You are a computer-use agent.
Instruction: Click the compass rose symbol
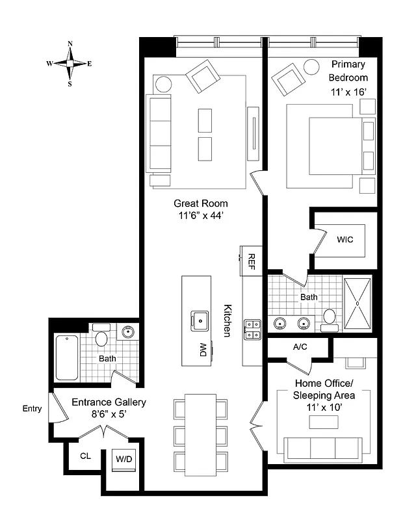tap(70, 64)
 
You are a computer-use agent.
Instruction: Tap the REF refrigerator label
tap(252, 261)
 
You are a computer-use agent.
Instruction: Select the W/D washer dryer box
tap(124, 460)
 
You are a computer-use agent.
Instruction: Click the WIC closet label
tap(344, 239)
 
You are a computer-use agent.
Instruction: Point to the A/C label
tap(300, 347)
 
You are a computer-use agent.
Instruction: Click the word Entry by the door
tap(32, 408)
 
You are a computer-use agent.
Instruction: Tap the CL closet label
tap(85, 456)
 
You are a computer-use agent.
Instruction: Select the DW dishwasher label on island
tap(202, 352)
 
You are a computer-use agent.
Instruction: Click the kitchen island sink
tap(198, 319)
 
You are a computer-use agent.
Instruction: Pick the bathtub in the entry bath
tap(68, 357)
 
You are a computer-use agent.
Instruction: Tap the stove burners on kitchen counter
tap(252, 330)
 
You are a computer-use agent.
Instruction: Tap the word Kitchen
tap(227, 320)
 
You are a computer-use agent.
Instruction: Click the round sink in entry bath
tap(128, 332)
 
